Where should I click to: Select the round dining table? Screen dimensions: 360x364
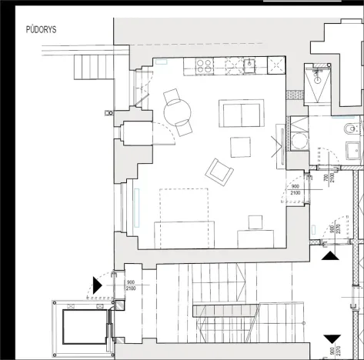pos(179,113)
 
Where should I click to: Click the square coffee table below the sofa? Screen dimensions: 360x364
pos(240,146)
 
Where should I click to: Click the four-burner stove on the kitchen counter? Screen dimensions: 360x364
pos(205,67)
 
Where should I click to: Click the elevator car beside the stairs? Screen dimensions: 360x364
pos(82,329)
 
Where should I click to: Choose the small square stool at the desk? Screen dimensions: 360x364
pos(254,223)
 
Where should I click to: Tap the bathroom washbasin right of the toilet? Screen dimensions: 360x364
pos(355,151)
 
